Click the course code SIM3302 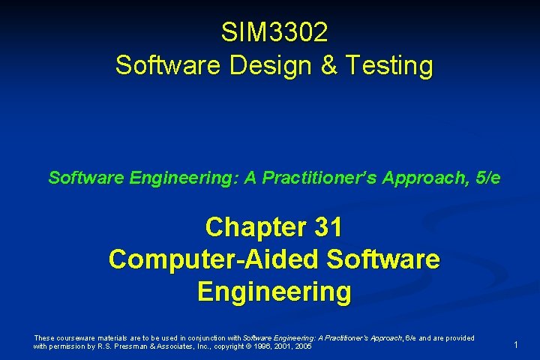pyautogui.click(x=274, y=33)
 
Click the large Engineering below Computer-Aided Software pyautogui.click(x=274, y=291)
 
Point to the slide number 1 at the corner pyautogui.click(x=516, y=344)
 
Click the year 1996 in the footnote pyautogui.click(x=265, y=347)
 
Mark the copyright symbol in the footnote pyautogui.click(x=251, y=347)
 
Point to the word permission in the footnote pyautogui.click(x=68, y=347)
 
